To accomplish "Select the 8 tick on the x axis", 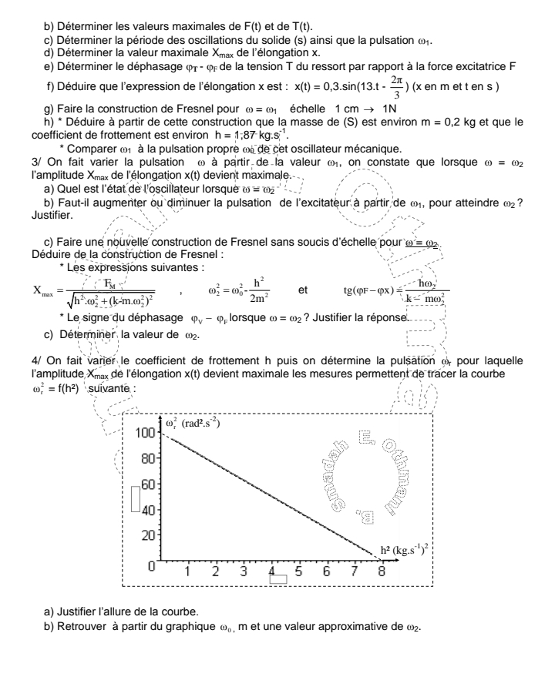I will click(382, 571).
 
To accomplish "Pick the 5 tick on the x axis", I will click(298, 571).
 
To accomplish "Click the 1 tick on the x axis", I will click(187, 571).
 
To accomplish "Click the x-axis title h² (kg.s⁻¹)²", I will click(409, 550).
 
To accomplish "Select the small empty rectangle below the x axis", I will click(277, 579).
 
